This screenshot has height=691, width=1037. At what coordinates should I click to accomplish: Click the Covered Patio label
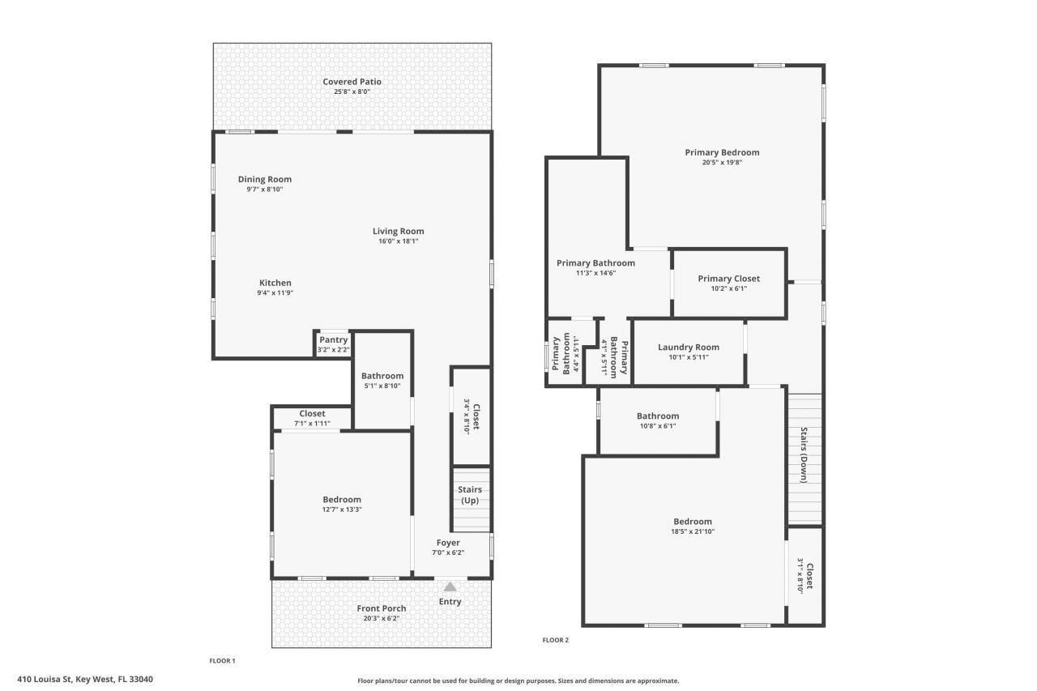[x=352, y=82]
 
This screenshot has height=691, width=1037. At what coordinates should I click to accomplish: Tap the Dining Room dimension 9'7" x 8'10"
[x=265, y=190]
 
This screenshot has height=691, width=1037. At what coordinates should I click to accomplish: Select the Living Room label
[x=398, y=231]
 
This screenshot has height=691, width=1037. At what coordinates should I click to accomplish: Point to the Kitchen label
[x=275, y=283]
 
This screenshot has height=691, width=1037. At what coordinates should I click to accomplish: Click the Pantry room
[x=333, y=343]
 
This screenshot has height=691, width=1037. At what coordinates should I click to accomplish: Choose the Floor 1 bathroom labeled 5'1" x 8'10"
[x=382, y=380]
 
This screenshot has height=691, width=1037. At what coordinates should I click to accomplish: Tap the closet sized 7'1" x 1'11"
[x=312, y=418]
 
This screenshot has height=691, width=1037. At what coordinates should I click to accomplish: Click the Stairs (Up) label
[x=470, y=494]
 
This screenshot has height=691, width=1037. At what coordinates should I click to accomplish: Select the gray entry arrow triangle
[x=450, y=586]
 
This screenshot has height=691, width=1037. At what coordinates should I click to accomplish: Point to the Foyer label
[x=448, y=543]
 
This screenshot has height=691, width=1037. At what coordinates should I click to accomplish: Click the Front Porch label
[x=382, y=608]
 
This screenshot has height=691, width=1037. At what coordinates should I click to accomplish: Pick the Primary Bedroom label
[x=722, y=152]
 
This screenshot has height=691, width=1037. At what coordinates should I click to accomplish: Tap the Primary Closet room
[x=728, y=283]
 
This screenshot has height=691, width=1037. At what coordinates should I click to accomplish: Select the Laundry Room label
[x=688, y=347]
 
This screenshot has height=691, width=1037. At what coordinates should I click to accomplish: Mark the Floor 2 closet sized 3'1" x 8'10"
[x=804, y=575]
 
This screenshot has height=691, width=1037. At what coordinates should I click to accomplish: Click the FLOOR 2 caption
[x=555, y=640]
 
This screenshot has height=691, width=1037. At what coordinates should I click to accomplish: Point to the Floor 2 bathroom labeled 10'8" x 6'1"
[x=657, y=420]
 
